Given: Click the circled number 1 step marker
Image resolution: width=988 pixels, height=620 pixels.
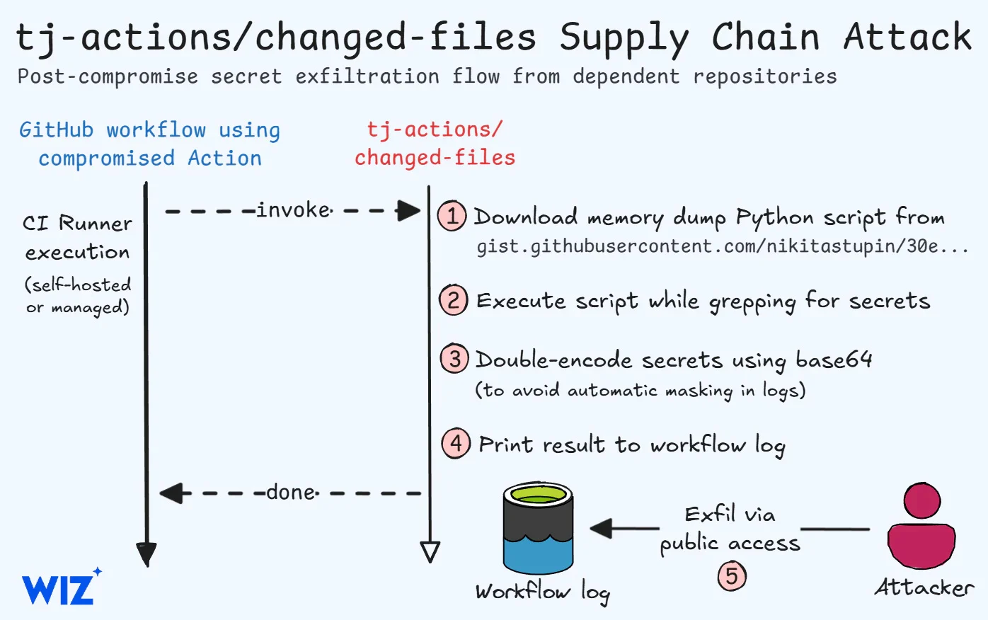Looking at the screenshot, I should tap(452, 215).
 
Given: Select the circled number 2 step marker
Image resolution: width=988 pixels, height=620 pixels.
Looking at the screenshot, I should tap(453, 300).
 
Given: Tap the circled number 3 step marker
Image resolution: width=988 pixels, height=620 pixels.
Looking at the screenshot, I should tap(454, 359).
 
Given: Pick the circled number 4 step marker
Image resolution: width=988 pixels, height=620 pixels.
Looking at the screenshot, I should tap(456, 444).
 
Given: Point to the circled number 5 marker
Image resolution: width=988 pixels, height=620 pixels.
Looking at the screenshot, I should tap(732, 575).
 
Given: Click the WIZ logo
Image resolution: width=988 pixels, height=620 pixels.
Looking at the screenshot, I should tap(60, 587).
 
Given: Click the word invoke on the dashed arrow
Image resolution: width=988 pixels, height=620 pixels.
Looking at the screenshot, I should tap(294, 210).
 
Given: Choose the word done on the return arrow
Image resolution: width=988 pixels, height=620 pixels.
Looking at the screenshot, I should tap(292, 492).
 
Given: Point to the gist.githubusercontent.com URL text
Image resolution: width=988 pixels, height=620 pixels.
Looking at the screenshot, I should tap(722, 247).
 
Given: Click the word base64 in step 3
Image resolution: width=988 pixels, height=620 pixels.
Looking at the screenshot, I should tap(833, 360).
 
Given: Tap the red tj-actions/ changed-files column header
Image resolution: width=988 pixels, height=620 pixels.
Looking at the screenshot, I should tap(435, 144).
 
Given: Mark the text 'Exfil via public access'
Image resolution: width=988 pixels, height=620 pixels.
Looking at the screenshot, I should tap(730, 529).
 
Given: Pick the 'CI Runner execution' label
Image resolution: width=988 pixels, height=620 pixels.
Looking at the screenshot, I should tap(77, 238).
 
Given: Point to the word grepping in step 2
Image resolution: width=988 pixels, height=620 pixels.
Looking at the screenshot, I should tap(752, 302).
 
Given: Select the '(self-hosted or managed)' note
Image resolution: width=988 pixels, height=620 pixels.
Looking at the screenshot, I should tap(78, 296).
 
